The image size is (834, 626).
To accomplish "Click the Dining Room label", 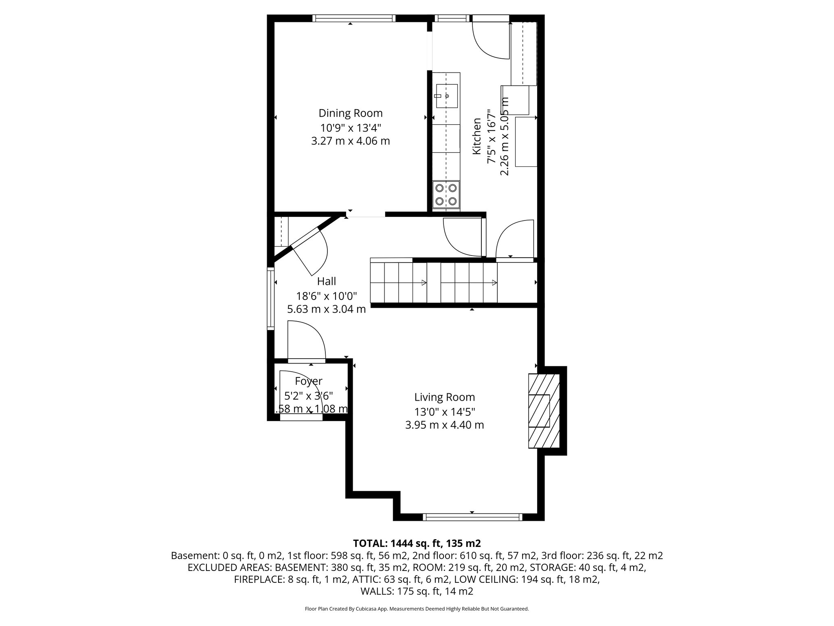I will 350,113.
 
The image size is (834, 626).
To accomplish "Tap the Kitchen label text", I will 476,136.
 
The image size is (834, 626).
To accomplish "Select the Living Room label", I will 444,397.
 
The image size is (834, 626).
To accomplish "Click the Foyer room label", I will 308,381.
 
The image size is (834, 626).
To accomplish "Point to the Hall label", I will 326,281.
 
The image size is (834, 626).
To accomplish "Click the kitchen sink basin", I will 446,96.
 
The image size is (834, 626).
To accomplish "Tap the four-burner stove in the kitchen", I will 446,195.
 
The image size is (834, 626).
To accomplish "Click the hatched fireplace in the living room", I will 544,411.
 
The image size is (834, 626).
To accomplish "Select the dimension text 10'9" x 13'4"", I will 350,128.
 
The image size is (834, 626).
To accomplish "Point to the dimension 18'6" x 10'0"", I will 326,295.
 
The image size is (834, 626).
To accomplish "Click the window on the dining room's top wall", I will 354,18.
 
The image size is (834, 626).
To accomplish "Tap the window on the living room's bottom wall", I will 472,517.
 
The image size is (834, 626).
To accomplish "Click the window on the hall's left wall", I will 270,298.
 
